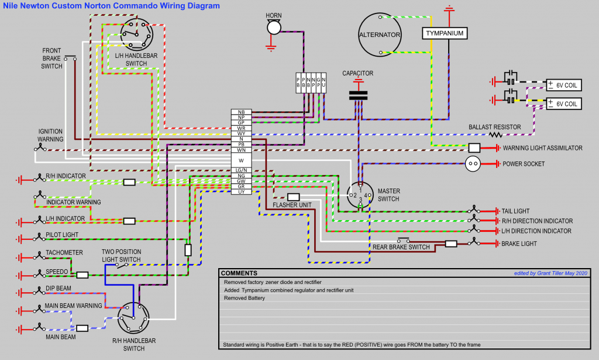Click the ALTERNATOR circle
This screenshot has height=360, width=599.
coord(380,35)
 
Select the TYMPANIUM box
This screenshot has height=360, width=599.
coord(445,33)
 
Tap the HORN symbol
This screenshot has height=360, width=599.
coord(273,27)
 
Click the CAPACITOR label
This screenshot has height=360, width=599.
coord(357,74)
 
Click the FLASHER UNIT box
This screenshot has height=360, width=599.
coord(294,197)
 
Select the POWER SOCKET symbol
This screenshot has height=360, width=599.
coord(474,164)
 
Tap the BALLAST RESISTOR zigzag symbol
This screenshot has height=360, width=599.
coord(497,134)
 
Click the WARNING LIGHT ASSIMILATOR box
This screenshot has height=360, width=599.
coord(474,148)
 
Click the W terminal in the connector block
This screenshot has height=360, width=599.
coord(241,160)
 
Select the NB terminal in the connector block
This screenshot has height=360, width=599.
coord(241,111)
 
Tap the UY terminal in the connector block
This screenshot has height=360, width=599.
coord(241,192)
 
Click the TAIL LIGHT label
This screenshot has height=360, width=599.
coord(515,211)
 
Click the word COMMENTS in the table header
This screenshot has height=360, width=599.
coord(239,273)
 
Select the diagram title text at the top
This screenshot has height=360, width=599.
coord(111,6)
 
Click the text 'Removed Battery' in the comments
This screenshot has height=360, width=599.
coord(245,298)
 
